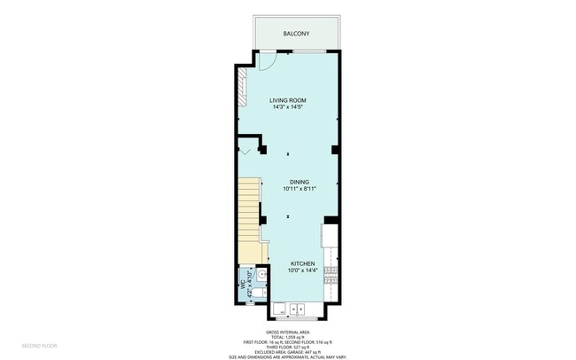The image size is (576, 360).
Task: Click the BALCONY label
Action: [x=296, y=34]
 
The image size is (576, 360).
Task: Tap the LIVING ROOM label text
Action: [x=289, y=101]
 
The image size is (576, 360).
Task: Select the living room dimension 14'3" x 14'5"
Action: [x=289, y=107]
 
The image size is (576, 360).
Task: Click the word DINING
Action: [x=298, y=182]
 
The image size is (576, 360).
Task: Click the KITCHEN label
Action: [x=303, y=263]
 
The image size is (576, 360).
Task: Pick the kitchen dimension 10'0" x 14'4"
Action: [x=303, y=270]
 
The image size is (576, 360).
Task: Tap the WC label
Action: [x=241, y=286]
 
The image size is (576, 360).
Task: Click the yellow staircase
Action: [x=251, y=217]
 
